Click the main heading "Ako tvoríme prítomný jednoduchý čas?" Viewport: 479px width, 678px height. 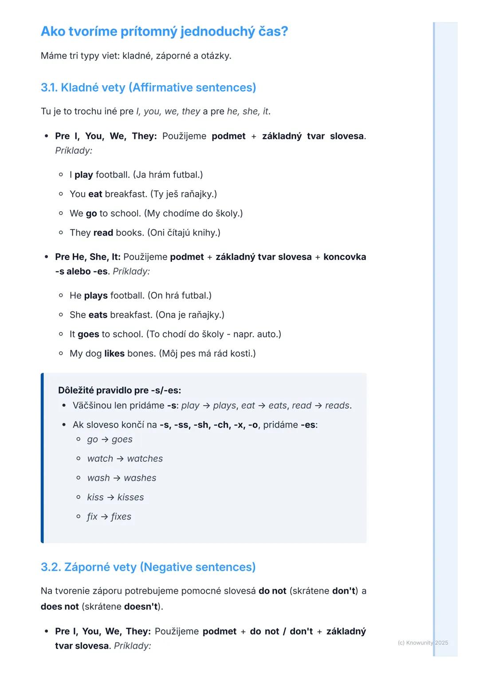pyautogui.click(x=164, y=32)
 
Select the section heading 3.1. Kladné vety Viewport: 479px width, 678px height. pyautogui.click(x=148, y=87)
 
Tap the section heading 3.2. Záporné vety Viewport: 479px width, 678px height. pyautogui.click(x=148, y=567)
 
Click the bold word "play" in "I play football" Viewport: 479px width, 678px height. pyautogui.click(x=83, y=175)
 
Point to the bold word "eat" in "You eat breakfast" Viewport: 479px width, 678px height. pyautogui.click(x=95, y=194)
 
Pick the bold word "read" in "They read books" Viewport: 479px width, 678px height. pyautogui.click(x=103, y=233)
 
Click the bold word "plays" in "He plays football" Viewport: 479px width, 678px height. pyautogui.click(x=96, y=296)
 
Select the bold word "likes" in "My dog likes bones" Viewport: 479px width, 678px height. pyautogui.click(x=114, y=354)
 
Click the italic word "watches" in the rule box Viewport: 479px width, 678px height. pyautogui.click(x=145, y=459)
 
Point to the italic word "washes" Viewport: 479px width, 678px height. pyautogui.click(x=140, y=478)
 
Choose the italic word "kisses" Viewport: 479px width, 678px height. pyautogui.click(x=130, y=497)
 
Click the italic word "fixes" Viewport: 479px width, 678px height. pyautogui.click(x=121, y=516)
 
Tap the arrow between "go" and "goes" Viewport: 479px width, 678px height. pyautogui.click(x=105, y=440)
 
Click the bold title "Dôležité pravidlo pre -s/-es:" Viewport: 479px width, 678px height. pyautogui.click(x=119, y=390)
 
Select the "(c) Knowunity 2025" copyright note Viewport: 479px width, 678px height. pyautogui.click(x=423, y=643)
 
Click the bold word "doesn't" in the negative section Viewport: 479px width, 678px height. pyautogui.click(x=141, y=607)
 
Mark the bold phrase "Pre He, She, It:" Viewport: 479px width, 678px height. pyautogui.click(x=88, y=257)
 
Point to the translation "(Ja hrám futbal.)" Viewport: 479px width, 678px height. pyautogui.click(x=168, y=175)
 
